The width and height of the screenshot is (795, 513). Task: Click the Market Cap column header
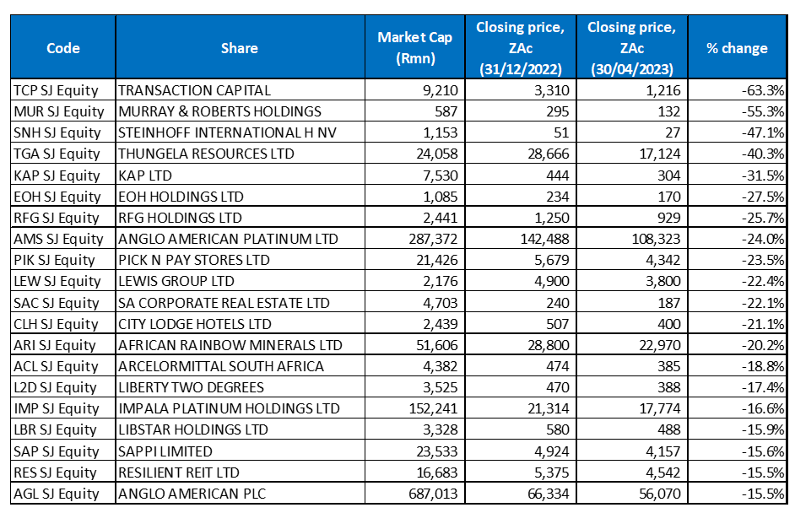click(x=414, y=48)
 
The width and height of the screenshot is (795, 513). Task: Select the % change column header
click(x=737, y=48)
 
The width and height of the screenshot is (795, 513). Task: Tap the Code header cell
click(x=63, y=48)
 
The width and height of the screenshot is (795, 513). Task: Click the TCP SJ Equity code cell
click(x=57, y=89)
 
